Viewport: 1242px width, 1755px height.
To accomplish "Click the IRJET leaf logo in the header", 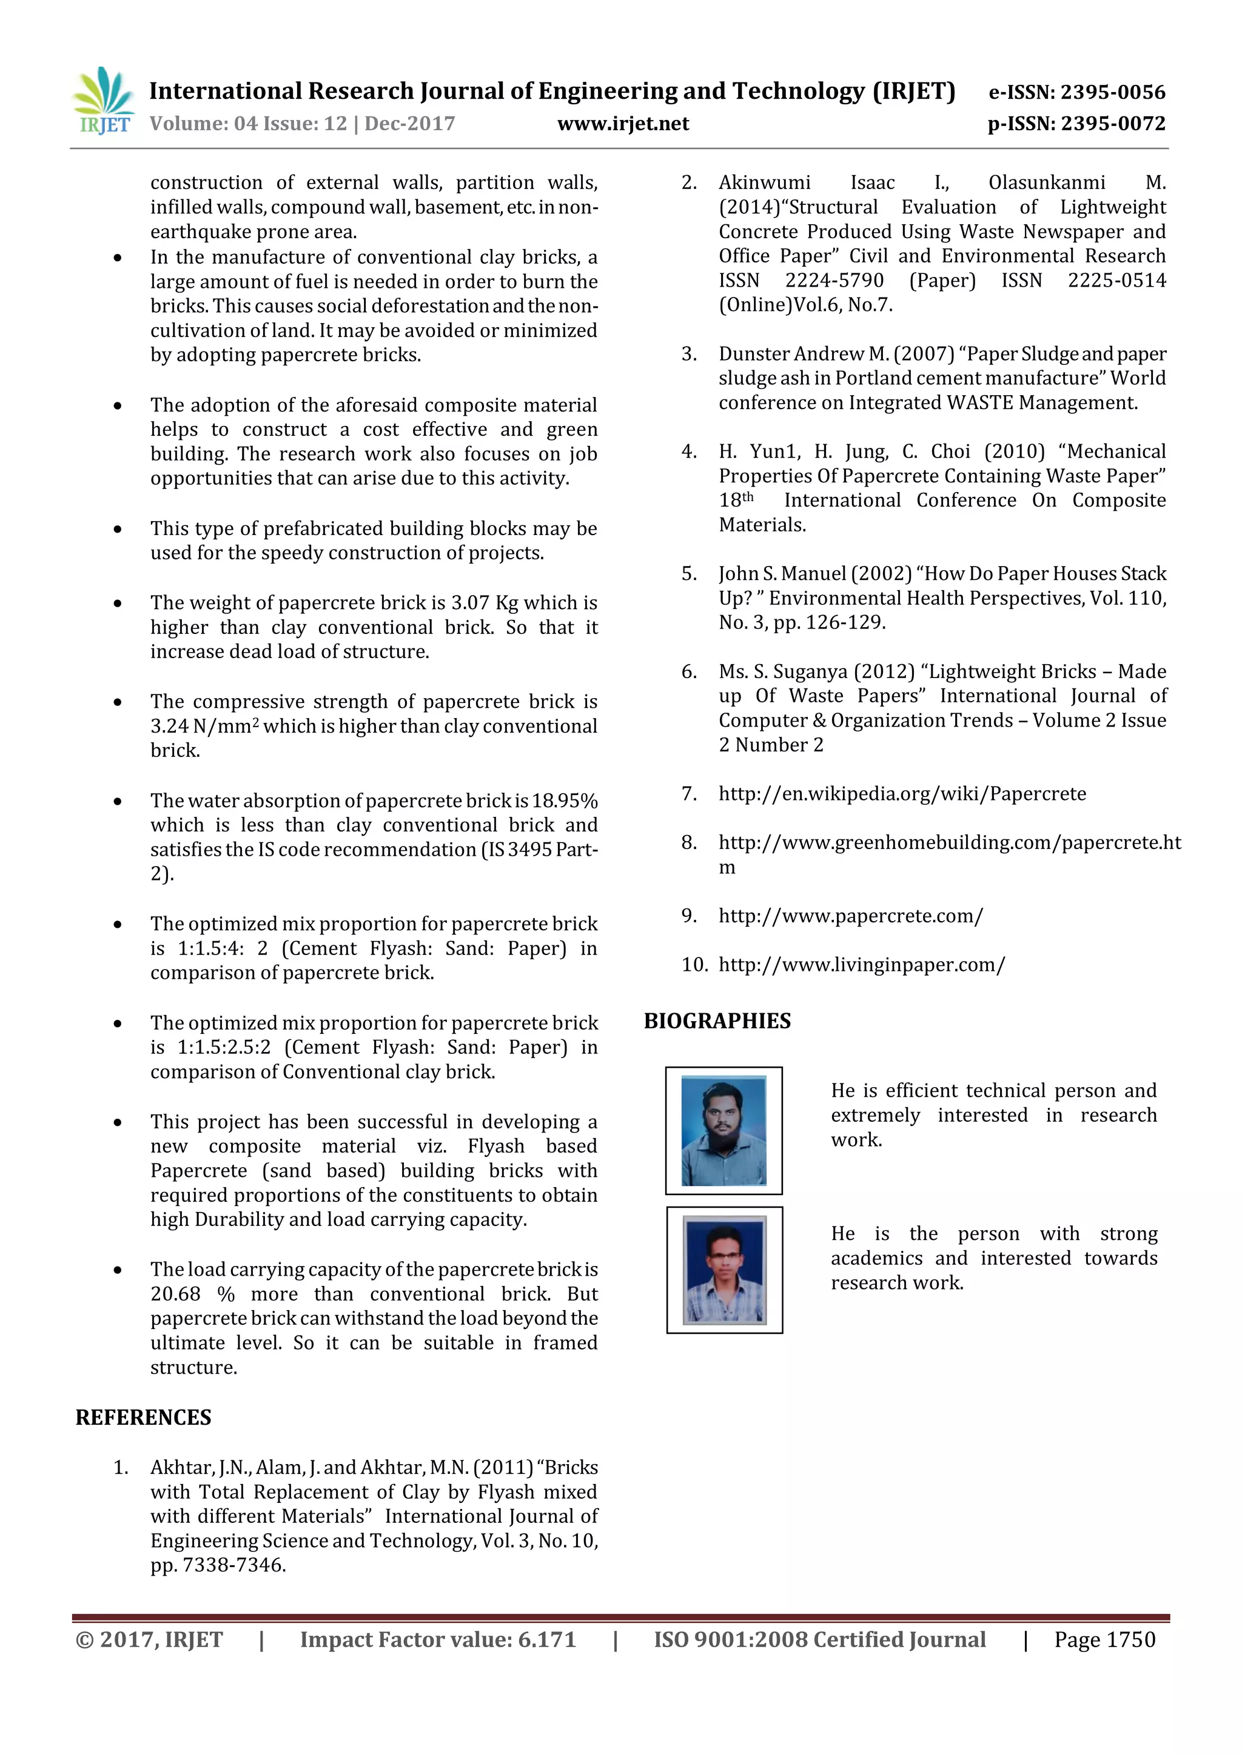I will (x=103, y=101).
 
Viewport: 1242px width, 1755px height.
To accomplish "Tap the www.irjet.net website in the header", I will (x=623, y=124).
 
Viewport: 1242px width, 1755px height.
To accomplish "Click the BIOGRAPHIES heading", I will (x=717, y=1021).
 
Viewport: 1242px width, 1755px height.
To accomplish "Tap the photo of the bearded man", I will (x=723, y=1130).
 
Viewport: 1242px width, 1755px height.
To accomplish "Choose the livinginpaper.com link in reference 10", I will (x=861, y=965).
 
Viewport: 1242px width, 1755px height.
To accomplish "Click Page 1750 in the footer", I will (x=1104, y=1640).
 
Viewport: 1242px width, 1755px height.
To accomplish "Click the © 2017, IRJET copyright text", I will (x=149, y=1640).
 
